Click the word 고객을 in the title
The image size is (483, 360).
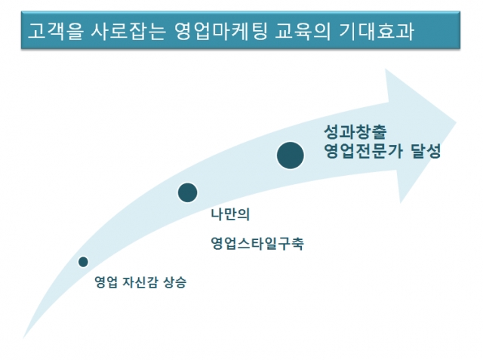click(55, 31)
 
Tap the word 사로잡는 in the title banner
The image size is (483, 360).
click(128, 31)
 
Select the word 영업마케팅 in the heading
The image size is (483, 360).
click(220, 31)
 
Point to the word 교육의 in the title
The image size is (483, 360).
click(303, 31)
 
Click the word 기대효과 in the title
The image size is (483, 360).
click(377, 31)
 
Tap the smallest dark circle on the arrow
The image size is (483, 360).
click(83, 262)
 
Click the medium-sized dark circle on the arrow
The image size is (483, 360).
click(187, 192)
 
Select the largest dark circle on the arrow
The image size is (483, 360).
click(290, 155)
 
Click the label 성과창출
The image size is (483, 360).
click(355, 131)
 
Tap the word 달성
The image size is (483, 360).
click(426, 151)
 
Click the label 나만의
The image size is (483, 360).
click(230, 214)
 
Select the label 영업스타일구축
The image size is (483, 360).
click(257, 243)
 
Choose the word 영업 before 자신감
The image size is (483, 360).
click(106, 282)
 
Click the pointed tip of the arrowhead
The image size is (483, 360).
click(456, 122)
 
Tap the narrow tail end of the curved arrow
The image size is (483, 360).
click(23, 338)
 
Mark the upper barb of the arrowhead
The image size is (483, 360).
click(386, 69)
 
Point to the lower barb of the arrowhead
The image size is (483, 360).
click(400, 203)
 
